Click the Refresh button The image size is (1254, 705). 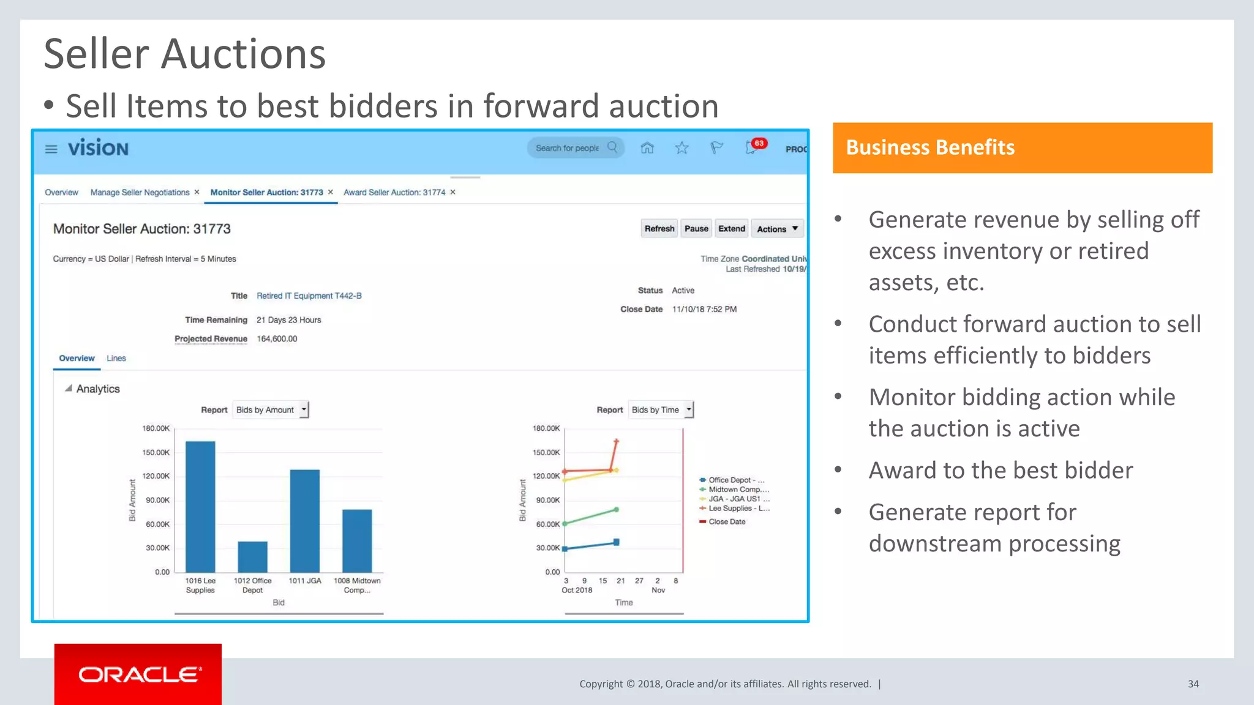click(x=659, y=229)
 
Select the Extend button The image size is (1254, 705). click(x=732, y=229)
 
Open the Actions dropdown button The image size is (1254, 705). click(x=777, y=229)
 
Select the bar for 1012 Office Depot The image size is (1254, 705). click(x=252, y=557)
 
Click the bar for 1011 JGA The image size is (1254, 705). click(x=305, y=521)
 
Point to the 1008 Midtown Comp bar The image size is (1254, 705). click(x=357, y=541)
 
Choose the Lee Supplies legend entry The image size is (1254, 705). click(x=735, y=509)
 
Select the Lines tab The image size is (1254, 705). click(x=116, y=359)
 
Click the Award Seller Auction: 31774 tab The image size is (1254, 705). click(x=394, y=193)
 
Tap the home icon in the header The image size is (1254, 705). click(x=647, y=148)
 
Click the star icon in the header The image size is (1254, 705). click(x=681, y=148)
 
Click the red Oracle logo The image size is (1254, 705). click(x=138, y=674)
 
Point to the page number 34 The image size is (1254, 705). click(x=1193, y=684)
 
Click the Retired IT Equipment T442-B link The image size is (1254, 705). click(x=309, y=296)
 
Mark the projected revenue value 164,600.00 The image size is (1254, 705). click(x=277, y=339)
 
